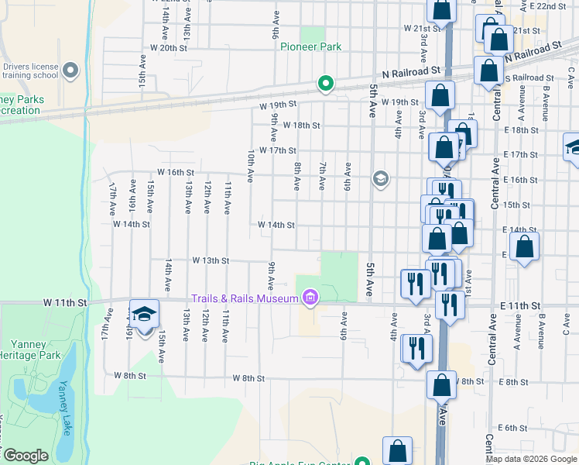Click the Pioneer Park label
click(310, 47)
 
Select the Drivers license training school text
click(30, 71)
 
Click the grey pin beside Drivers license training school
click(71, 71)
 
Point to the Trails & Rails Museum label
click(245, 299)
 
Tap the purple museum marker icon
click(310, 298)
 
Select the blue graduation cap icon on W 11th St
click(144, 314)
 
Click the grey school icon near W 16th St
click(379, 179)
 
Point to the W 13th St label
click(210, 261)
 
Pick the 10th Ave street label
click(250, 166)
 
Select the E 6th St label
click(512, 428)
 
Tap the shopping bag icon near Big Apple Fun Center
click(397, 451)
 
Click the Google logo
click(26, 456)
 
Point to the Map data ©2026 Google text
click(532, 459)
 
